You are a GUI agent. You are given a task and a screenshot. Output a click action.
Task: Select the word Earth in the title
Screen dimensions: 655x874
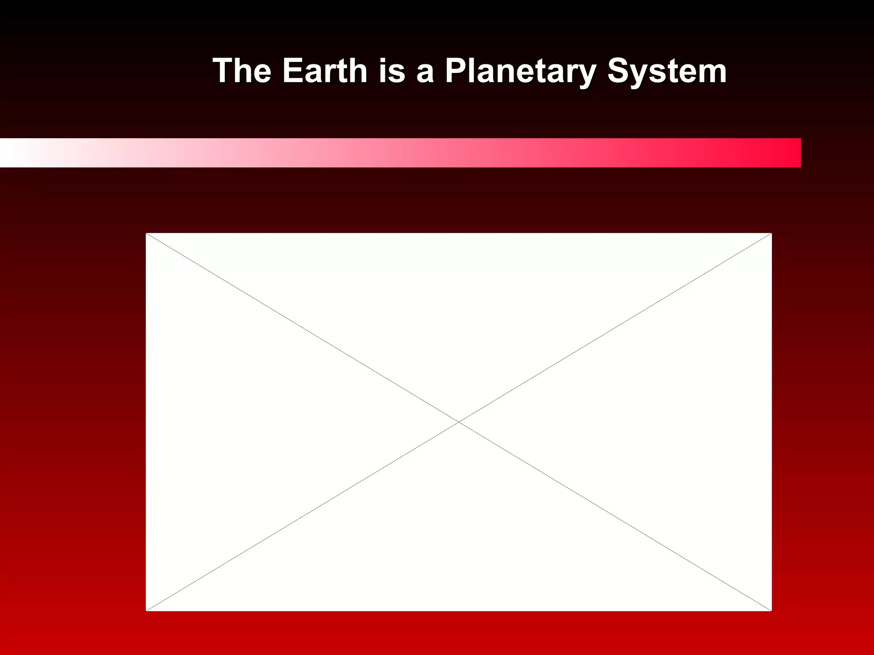tap(325, 71)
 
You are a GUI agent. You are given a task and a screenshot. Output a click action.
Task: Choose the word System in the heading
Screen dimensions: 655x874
tap(667, 72)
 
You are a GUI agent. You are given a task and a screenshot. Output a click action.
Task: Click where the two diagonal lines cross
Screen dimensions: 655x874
tap(459, 422)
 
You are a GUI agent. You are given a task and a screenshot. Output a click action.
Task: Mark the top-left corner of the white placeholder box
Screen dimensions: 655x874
tap(146, 234)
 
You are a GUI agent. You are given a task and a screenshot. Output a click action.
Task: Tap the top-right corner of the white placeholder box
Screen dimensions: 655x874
tap(771, 234)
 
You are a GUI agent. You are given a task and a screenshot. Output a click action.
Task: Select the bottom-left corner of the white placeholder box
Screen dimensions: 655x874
tap(146, 610)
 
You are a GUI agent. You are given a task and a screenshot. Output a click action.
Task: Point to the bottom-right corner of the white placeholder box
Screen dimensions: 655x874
tap(771, 610)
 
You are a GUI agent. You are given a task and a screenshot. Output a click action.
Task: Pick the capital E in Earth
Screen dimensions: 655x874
tap(293, 71)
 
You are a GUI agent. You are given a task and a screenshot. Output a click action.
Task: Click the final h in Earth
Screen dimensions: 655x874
tap(358, 71)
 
